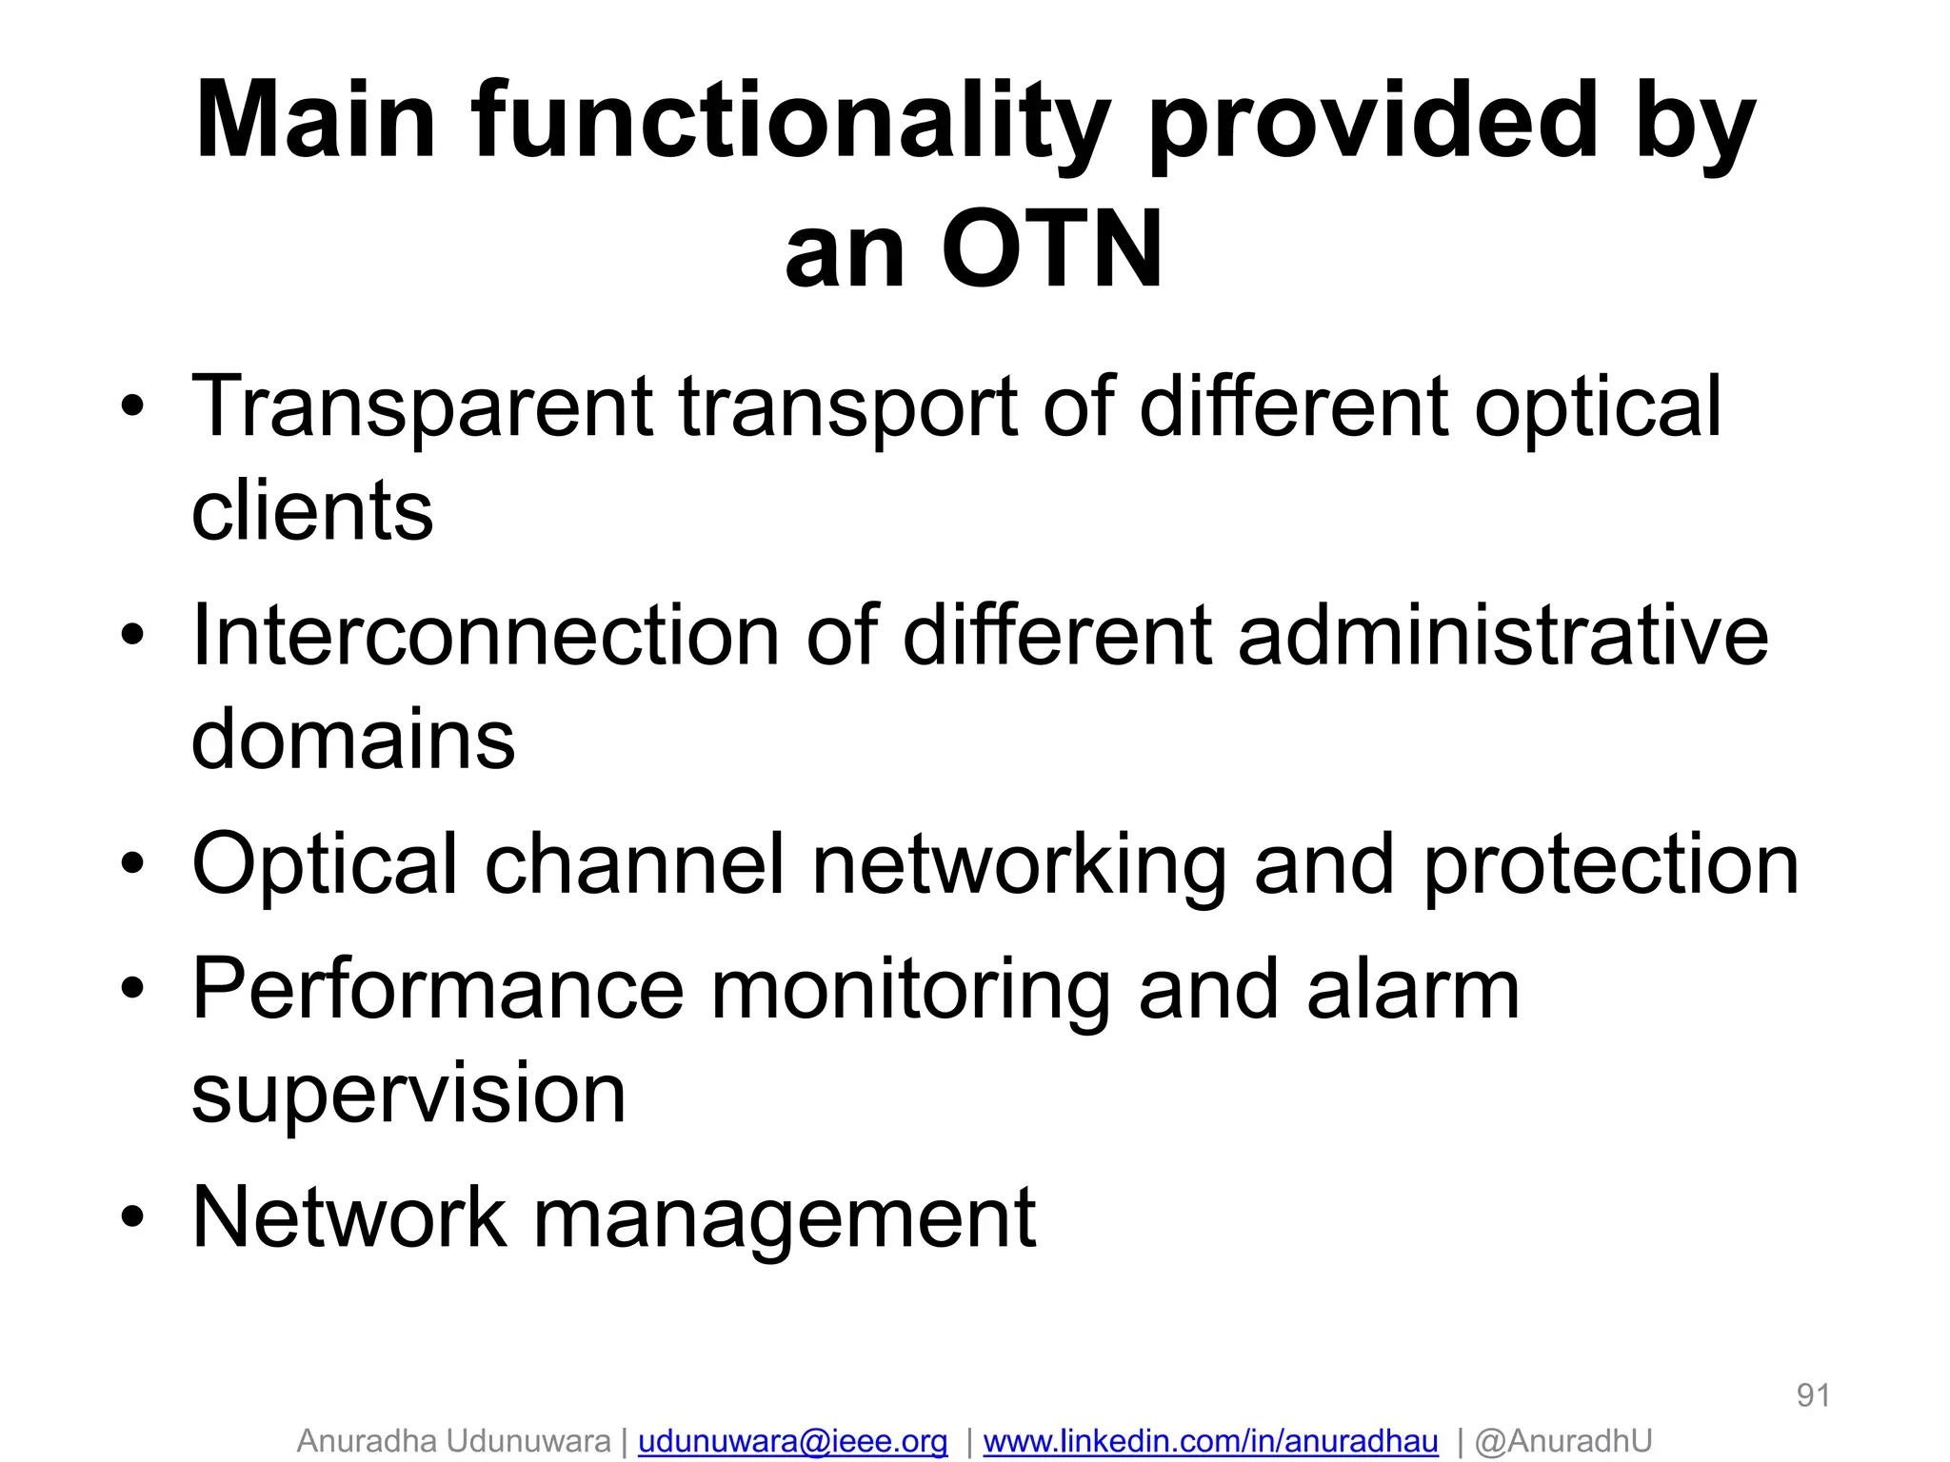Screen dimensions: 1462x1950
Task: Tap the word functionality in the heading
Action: click(x=790, y=122)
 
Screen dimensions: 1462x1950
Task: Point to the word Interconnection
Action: click(x=486, y=635)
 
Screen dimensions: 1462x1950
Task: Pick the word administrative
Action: click(x=1502, y=635)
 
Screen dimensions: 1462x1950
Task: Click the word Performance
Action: click(x=438, y=990)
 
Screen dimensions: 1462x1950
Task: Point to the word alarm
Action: click(x=1413, y=990)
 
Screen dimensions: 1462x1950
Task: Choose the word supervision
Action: click(x=408, y=1095)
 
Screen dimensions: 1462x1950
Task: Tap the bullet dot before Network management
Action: click(x=133, y=1217)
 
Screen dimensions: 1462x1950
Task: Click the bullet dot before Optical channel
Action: click(x=133, y=864)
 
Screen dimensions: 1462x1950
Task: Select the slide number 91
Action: click(x=1813, y=1395)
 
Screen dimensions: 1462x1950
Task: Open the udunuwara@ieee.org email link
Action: click(x=792, y=1441)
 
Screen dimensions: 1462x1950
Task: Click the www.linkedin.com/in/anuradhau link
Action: click(x=1210, y=1441)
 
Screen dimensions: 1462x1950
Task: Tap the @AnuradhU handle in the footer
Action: click(x=1563, y=1441)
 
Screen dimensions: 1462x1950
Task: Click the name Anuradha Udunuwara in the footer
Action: click(x=453, y=1441)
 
